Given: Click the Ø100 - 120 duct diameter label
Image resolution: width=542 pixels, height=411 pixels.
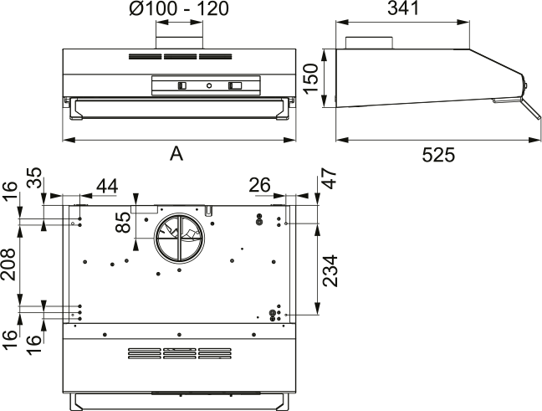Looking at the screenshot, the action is click(x=179, y=8).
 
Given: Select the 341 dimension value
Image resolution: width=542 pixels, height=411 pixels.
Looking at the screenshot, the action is click(x=403, y=8).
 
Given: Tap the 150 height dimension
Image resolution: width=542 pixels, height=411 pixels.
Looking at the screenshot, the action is click(x=311, y=78).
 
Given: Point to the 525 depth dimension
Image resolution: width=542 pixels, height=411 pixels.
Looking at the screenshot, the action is click(x=438, y=155).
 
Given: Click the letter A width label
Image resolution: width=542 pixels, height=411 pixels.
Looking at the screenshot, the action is click(x=176, y=153).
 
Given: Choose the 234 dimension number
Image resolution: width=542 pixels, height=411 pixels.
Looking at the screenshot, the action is click(x=330, y=271).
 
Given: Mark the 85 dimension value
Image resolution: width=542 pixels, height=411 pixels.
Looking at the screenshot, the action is click(x=124, y=222).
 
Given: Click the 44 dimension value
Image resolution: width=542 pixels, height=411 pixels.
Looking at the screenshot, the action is click(x=107, y=186).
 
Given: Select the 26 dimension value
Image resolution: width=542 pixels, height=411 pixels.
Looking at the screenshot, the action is click(x=259, y=185).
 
